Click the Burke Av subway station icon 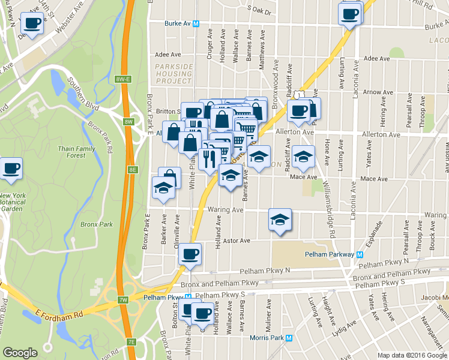click(204, 24)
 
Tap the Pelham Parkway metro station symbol click(360, 254)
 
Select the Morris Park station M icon click(289, 338)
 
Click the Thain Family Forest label click(76, 152)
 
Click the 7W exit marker click(123, 299)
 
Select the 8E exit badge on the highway click(132, 170)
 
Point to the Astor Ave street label click(236, 241)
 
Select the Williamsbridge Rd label click(327, 204)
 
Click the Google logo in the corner click(20, 353)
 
